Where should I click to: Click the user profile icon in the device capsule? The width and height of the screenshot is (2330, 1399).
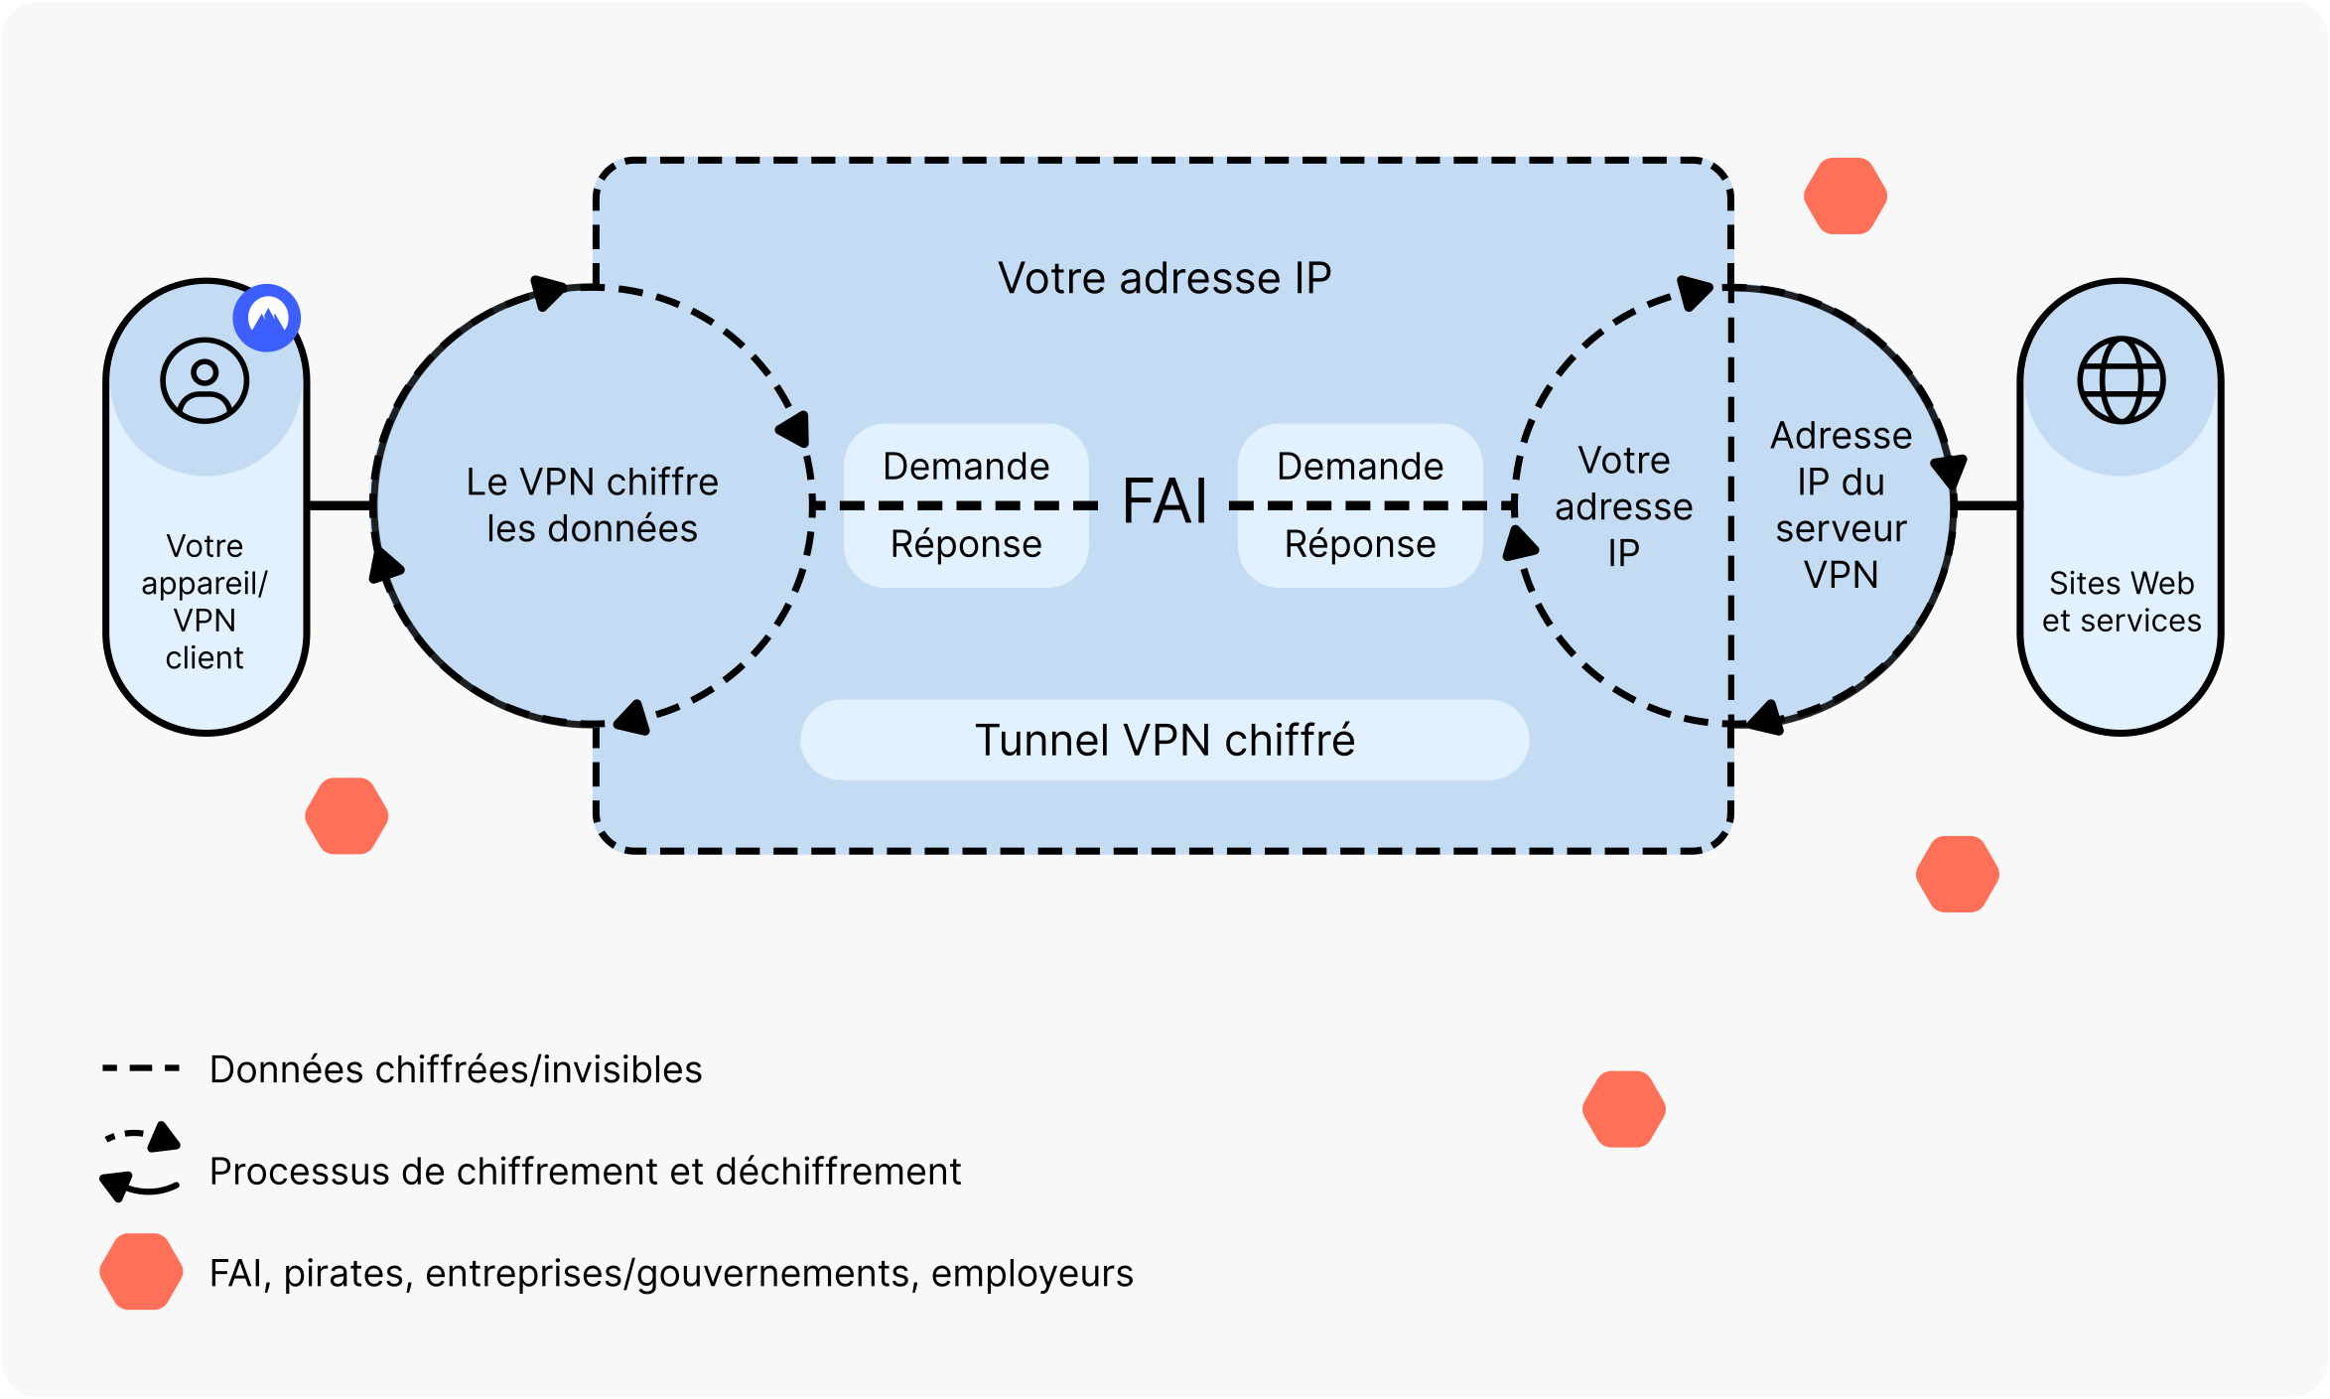tap(205, 381)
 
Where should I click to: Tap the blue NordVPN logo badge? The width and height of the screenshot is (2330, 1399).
tap(267, 318)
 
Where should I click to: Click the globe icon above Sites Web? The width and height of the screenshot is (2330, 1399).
tap(2121, 381)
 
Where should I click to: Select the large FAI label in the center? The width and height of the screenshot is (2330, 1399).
tap(1164, 501)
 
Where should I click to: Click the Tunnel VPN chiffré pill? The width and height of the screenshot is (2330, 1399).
tap(1164, 741)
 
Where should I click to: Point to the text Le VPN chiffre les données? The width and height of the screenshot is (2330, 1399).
tap(593, 505)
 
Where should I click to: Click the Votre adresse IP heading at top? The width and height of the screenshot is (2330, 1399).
tap(1164, 279)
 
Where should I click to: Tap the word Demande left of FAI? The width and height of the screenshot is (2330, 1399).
tap(966, 467)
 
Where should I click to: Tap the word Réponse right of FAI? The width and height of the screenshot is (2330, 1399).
tap(1359, 544)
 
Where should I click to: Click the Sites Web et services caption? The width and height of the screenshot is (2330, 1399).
tap(2121, 602)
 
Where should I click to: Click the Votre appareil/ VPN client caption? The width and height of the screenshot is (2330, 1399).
tap(205, 602)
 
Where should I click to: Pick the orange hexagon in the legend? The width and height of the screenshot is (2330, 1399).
tap(141, 1272)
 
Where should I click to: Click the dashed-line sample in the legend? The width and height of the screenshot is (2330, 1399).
tap(141, 1069)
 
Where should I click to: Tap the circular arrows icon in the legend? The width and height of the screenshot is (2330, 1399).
tap(141, 1163)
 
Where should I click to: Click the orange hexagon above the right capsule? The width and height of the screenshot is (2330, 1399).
tap(1845, 197)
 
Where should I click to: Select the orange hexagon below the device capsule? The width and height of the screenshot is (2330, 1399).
tap(346, 816)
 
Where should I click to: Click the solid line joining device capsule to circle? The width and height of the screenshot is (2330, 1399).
tap(341, 506)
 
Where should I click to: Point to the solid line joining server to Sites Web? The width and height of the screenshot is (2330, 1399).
tap(1987, 506)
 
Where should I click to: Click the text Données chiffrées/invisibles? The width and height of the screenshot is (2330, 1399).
tap(456, 1070)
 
